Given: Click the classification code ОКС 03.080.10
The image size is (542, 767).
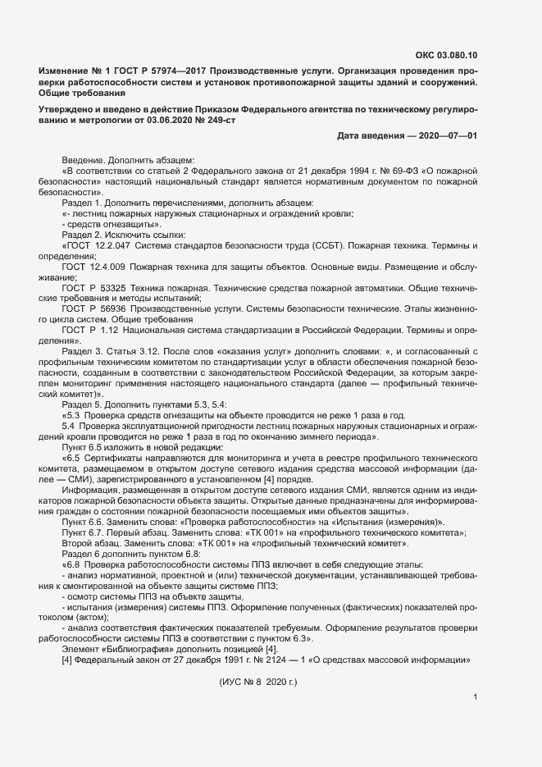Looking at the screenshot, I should tap(447, 56).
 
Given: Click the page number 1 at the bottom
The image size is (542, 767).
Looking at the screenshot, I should tap(476, 698).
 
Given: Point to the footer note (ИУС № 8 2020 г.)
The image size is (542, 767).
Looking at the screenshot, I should tap(258, 682).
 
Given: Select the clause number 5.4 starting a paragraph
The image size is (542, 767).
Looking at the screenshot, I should tap(68, 427).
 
